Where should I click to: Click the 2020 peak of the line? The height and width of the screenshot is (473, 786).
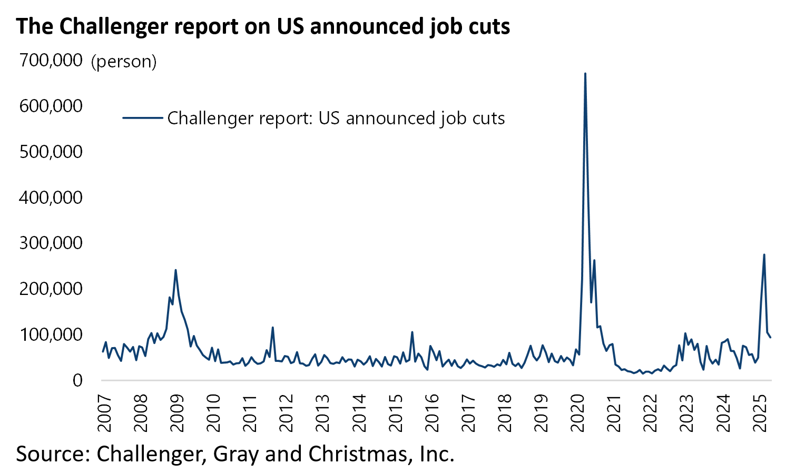[585, 74]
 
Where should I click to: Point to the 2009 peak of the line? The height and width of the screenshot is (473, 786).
[175, 270]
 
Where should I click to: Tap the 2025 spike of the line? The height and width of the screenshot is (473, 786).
[764, 255]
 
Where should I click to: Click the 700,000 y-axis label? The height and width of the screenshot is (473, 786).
[51, 61]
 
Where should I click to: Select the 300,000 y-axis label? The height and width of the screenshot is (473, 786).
[51, 243]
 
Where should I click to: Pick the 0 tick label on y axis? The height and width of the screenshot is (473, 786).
[77, 380]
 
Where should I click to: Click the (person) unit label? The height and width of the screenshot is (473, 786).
[124, 62]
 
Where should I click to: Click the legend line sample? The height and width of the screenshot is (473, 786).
[142, 117]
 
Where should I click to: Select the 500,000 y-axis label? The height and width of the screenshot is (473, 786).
[51, 152]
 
